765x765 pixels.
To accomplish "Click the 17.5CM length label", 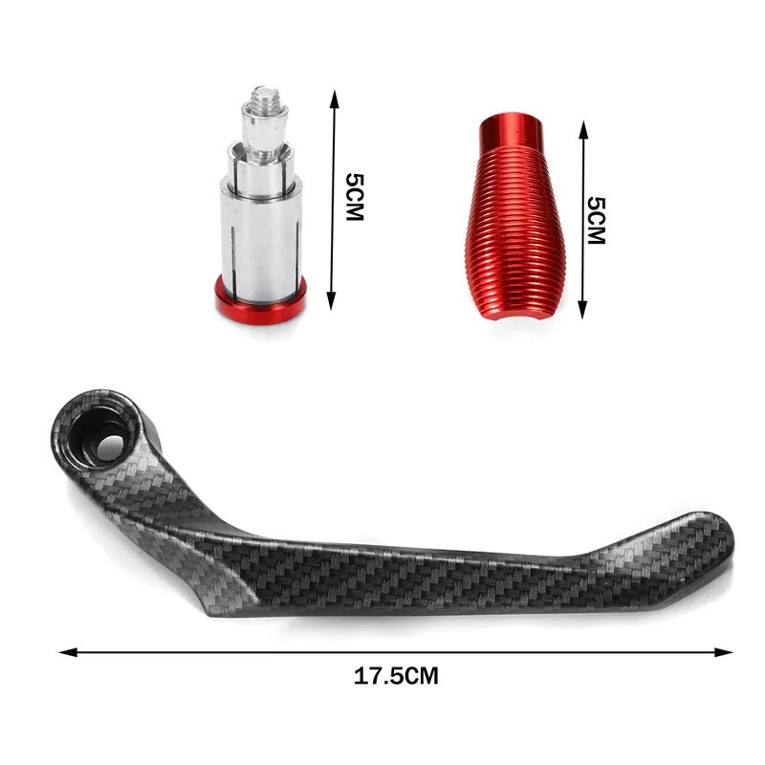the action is [x=396, y=676].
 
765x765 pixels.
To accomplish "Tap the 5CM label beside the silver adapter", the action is [x=355, y=197].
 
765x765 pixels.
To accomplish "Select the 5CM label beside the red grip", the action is [x=596, y=221].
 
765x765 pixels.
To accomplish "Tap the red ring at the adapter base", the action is [x=260, y=302].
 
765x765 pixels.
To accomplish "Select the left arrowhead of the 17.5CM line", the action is [x=68, y=652].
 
